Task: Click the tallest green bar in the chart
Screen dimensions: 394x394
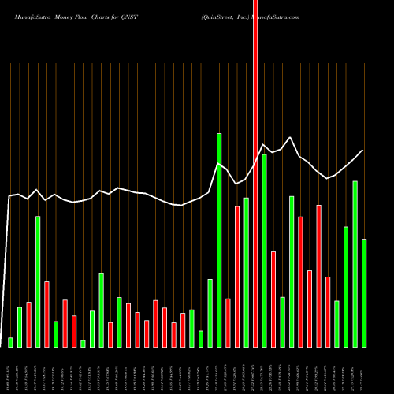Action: coord(219,240)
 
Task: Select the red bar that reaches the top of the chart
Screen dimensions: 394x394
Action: coord(255,173)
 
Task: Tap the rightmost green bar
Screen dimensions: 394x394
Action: coord(364,292)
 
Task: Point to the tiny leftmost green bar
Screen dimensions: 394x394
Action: coord(11,342)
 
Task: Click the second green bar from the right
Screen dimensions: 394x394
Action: coord(355,264)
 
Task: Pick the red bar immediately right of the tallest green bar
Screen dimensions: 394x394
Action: coord(228,322)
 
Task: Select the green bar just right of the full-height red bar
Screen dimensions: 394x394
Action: coord(264,251)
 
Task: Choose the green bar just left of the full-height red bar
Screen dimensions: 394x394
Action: coord(246,272)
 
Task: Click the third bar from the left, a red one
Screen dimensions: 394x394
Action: coord(29,324)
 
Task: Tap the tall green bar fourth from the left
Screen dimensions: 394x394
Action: coord(38,281)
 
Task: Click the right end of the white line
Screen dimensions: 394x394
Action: coord(363,151)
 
